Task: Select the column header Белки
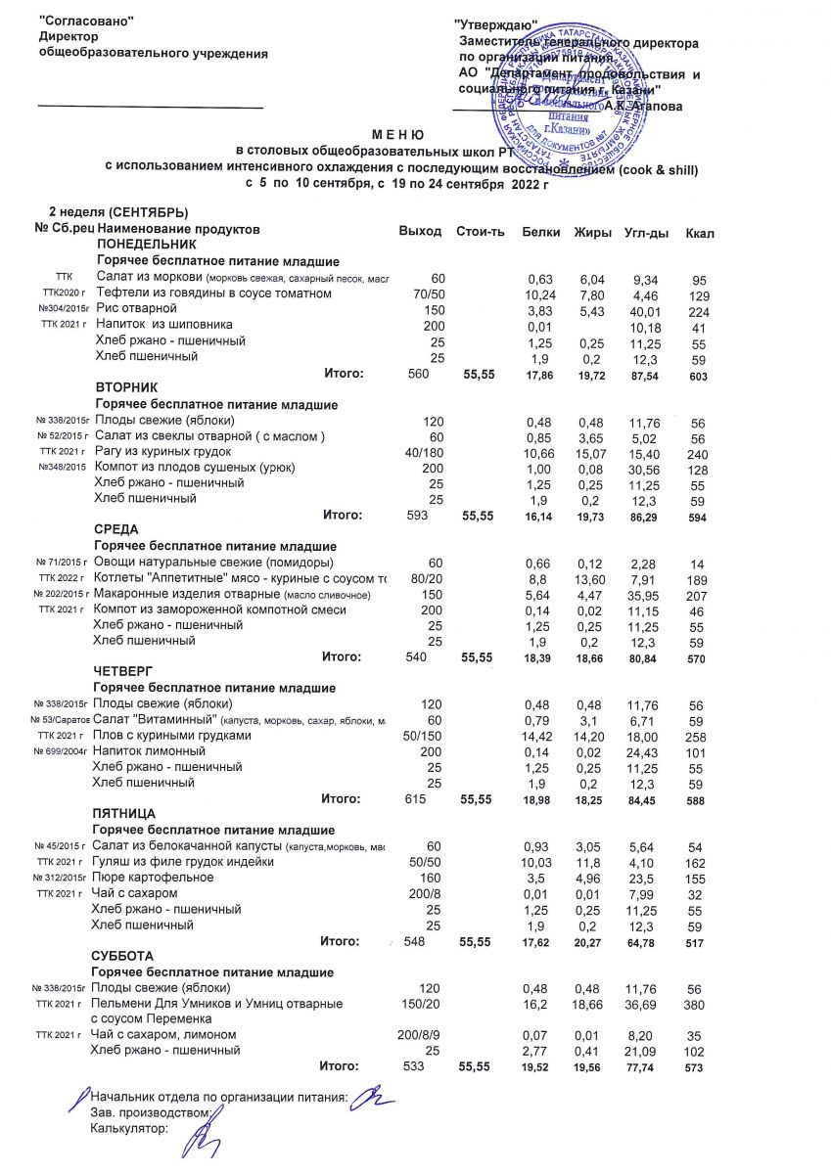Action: click(x=541, y=232)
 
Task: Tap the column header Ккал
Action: click(x=700, y=233)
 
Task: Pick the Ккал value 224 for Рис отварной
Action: click(x=696, y=310)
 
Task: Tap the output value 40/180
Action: click(x=424, y=451)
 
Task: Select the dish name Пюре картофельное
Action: click(x=152, y=878)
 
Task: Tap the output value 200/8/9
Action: click(x=422, y=1034)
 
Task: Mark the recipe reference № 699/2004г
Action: click(x=61, y=751)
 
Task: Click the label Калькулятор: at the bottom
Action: click(x=128, y=1128)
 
